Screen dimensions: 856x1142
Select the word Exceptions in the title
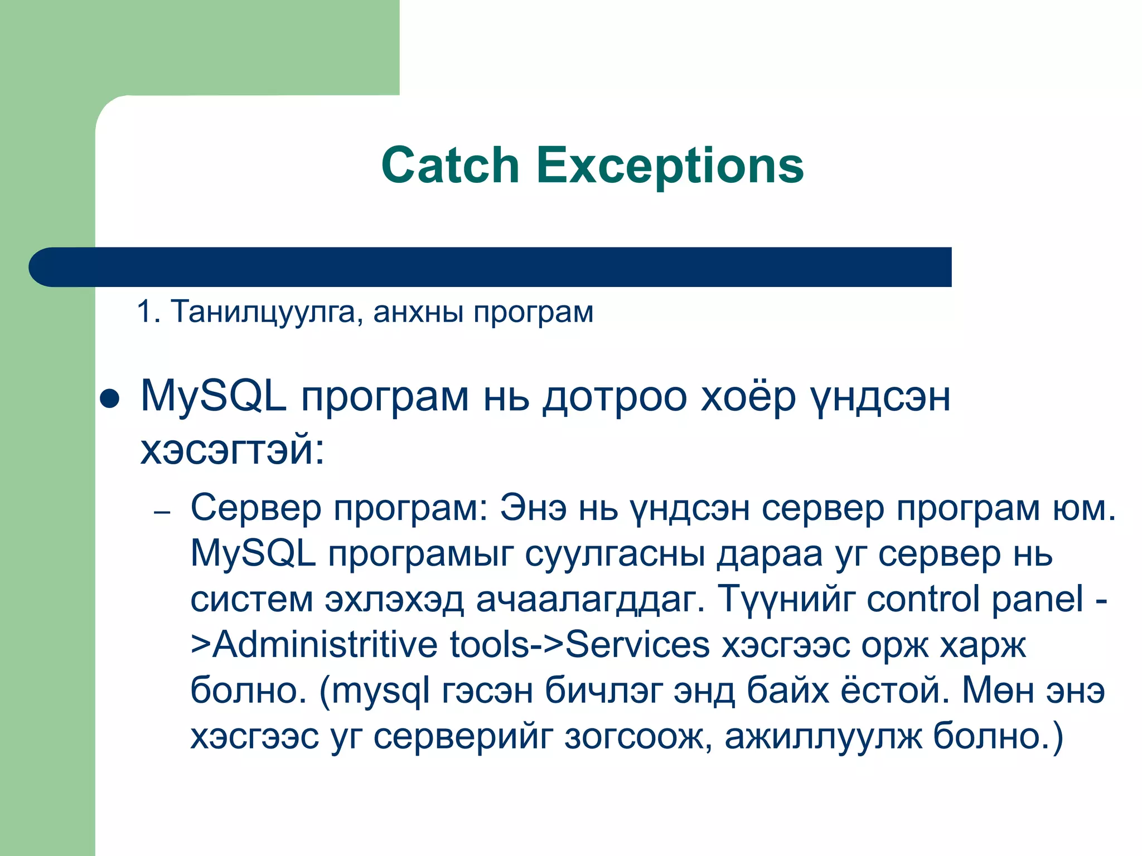pyautogui.click(x=670, y=166)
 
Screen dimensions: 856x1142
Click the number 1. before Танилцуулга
pyautogui.click(x=148, y=312)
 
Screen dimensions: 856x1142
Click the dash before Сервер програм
pyautogui.click(x=162, y=512)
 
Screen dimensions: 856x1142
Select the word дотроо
pyautogui.click(x=614, y=397)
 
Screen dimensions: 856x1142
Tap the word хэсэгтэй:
pyautogui.click(x=232, y=450)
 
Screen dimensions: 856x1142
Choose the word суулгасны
pyautogui.click(x=615, y=555)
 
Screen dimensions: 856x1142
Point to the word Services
pyautogui.click(x=637, y=645)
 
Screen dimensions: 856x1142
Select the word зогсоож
pyautogui.click(x=638, y=737)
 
